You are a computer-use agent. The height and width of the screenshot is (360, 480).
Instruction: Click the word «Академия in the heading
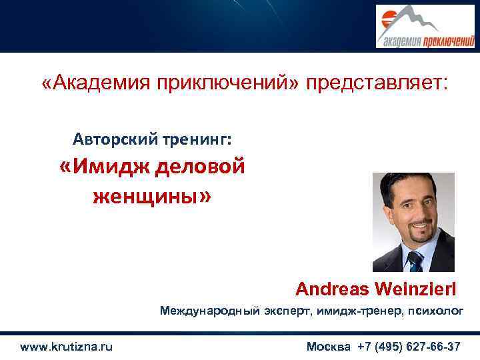tap(93, 83)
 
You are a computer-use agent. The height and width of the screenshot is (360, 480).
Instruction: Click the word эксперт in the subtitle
tap(282, 311)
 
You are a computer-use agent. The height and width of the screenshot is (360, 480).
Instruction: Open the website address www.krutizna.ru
tap(67, 347)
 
